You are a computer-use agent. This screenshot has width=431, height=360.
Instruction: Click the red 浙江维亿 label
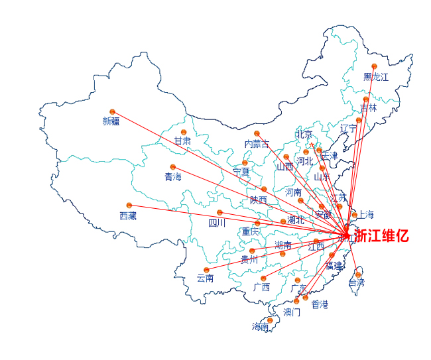click(381, 235)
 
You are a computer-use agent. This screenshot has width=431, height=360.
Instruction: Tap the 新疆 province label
click(111, 121)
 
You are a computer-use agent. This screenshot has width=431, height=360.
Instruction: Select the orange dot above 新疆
click(113, 111)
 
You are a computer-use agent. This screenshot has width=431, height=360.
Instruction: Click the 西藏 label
click(128, 215)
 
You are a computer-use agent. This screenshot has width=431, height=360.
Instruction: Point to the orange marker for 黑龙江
click(375, 66)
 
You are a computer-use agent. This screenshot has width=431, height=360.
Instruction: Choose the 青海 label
click(173, 177)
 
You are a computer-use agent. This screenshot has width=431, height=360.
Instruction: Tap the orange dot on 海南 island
click(270, 321)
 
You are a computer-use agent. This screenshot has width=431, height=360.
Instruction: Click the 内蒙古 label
click(257, 144)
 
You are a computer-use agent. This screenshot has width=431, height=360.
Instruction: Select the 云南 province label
click(206, 278)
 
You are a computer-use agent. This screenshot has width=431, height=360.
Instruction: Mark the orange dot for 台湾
click(359, 274)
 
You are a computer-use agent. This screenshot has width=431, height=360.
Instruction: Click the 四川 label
click(217, 223)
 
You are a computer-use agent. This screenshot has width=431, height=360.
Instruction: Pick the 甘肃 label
click(182, 141)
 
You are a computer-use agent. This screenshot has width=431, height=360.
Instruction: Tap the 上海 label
click(366, 215)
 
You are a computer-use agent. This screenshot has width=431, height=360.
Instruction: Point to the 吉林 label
click(368, 107)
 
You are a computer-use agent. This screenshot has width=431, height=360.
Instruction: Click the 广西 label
click(262, 287)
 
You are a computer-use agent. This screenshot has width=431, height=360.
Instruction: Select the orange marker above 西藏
click(129, 206)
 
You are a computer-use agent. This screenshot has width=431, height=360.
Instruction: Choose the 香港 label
click(320, 304)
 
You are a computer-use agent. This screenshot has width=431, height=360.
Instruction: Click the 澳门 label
click(292, 312)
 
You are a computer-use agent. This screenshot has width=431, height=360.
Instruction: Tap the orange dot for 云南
click(207, 270)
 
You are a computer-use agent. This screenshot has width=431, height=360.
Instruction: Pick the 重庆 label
click(250, 232)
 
